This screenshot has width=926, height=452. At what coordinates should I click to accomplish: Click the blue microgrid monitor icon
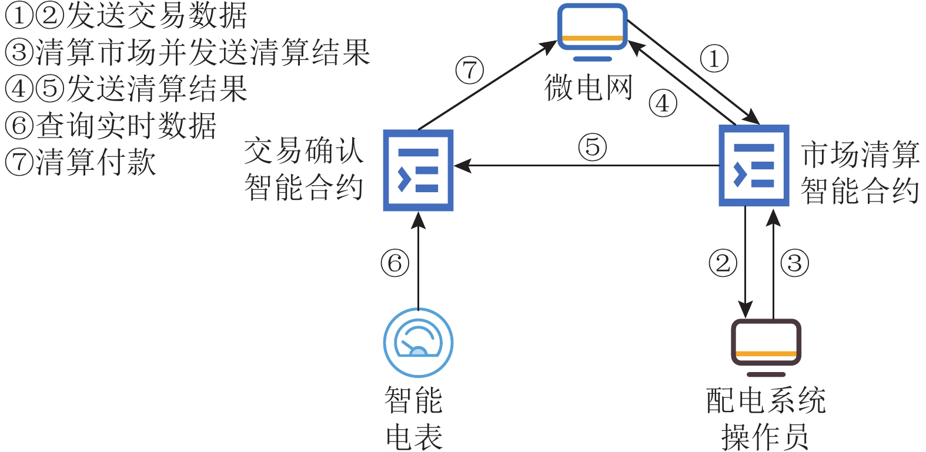tap(592, 32)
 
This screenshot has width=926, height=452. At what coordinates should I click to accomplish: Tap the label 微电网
tap(589, 88)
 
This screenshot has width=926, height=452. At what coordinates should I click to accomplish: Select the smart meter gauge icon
tap(418, 343)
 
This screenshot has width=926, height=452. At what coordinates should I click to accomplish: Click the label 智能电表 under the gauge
tap(414, 418)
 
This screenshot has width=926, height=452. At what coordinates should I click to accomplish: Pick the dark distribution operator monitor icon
tap(766, 347)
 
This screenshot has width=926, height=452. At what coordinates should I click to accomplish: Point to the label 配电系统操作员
tap(765, 418)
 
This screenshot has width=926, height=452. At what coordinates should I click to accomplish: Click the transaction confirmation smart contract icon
tap(418, 170)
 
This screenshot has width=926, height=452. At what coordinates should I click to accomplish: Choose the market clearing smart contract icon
tap(754, 166)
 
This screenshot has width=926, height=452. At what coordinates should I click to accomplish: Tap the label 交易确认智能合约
tap(304, 169)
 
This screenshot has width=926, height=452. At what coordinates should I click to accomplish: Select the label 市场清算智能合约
tap(860, 172)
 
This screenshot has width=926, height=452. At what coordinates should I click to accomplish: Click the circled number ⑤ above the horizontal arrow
tap(592, 147)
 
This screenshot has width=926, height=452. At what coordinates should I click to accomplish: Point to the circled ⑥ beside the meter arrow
tap(395, 263)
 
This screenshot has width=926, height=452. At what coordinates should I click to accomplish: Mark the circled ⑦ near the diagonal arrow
tap(469, 71)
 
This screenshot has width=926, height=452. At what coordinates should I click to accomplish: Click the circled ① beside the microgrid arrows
tap(714, 59)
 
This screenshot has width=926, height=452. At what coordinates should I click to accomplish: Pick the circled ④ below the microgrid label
tap(663, 103)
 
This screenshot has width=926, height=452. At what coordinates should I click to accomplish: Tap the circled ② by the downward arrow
tap(723, 263)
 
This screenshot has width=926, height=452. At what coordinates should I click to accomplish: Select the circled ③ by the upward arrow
tap(794, 263)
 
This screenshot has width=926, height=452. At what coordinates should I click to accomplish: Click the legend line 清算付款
tap(81, 162)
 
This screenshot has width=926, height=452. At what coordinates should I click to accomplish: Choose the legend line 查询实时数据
tap(111, 126)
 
